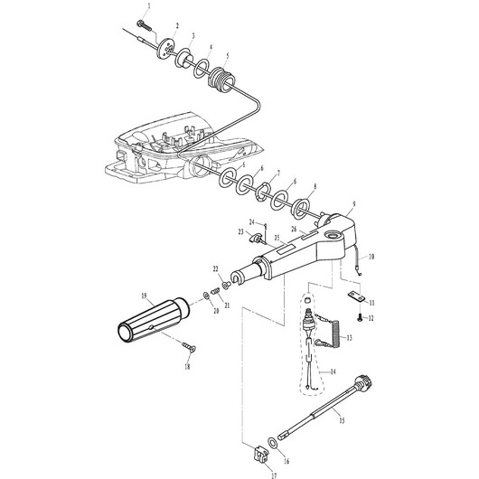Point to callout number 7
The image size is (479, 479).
tap(277, 174)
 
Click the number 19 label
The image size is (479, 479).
tap(143, 296)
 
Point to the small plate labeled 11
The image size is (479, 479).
tap(358, 295)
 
